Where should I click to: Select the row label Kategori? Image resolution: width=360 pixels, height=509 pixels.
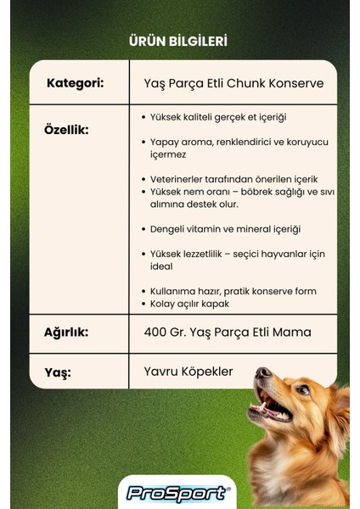(x=76, y=83)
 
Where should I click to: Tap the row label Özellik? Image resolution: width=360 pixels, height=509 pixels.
(x=66, y=130)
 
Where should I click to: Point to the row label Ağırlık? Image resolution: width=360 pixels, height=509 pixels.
(x=66, y=331)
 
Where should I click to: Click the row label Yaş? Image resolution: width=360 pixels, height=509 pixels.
(x=58, y=372)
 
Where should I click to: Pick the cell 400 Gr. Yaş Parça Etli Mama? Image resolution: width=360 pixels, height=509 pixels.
(x=228, y=331)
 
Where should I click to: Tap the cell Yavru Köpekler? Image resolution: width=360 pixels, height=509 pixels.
(x=188, y=372)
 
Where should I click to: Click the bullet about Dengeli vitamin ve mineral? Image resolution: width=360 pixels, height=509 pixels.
(x=225, y=229)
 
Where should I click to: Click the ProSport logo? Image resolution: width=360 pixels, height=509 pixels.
(x=177, y=493)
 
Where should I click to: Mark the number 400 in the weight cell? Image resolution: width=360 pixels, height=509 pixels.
(x=156, y=331)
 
